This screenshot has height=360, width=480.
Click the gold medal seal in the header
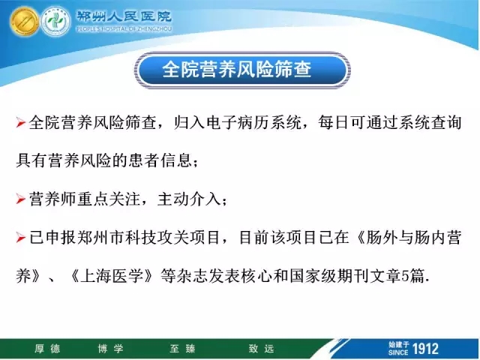(x=25, y=22)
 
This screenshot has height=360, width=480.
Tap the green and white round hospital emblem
(x=55, y=22)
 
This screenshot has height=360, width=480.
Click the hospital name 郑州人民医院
(x=124, y=16)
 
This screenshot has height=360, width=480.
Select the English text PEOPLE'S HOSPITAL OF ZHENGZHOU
(x=124, y=29)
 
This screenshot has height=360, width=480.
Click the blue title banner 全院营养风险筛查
(x=241, y=70)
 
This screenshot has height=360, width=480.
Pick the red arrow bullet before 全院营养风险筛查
(x=20, y=123)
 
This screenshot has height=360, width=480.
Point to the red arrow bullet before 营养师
(x=20, y=199)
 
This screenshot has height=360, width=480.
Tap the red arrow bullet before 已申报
(x=20, y=238)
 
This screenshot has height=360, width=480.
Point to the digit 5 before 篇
(x=405, y=276)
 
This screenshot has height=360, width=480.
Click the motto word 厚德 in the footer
(x=47, y=349)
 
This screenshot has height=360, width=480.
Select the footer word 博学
(x=111, y=349)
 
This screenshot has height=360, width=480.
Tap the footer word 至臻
(x=183, y=349)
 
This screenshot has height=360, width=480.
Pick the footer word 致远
(x=262, y=349)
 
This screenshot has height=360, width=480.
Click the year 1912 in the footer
(x=425, y=349)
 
